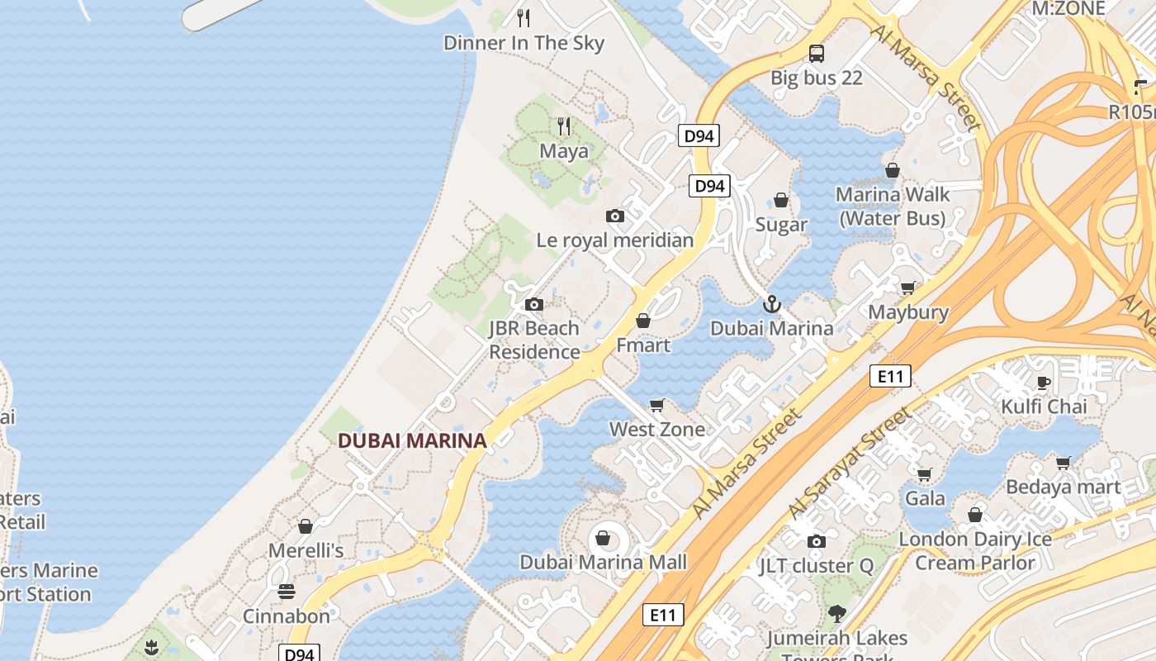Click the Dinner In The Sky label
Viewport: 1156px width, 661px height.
pos(524,43)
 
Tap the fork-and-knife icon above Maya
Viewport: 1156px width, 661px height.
pos(564,126)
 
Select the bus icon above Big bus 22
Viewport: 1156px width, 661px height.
pos(817,54)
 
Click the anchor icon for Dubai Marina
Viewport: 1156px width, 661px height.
pos(772,305)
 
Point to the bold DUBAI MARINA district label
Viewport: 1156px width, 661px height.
pos(412,441)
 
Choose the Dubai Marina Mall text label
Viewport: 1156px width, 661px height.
pos(603,563)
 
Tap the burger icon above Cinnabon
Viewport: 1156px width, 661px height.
pos(287,592)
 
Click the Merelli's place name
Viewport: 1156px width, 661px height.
pos(306,550)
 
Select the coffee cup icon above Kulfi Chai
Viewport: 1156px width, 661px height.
pos(1044,383)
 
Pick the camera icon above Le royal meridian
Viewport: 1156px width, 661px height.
pos(615,216)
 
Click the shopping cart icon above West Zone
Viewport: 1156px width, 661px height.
pos(657,405)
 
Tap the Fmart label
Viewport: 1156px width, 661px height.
pos(643,345)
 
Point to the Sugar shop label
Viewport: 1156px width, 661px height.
pos(781,225)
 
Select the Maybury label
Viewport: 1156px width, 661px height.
pos(908,312)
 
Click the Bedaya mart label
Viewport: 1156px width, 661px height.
pos(1063,487)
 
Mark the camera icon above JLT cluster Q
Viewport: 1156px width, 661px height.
pos(817,542)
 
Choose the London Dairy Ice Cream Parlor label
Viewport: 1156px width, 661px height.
pos(975,551)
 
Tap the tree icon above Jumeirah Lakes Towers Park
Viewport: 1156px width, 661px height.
pos(837,614)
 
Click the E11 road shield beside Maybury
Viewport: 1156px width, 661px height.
pos(890,377)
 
